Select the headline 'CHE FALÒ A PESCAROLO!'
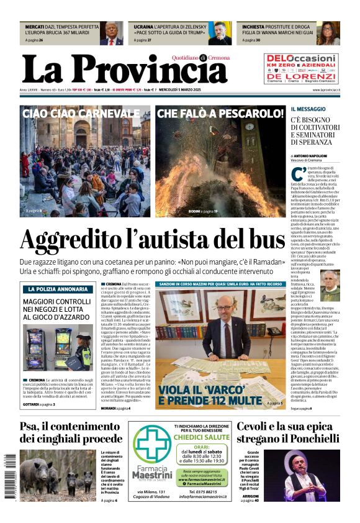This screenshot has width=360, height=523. (x=220, y=114)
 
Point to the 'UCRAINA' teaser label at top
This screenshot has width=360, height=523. (x=144, y=28)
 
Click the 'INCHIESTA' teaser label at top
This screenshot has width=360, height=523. (x=256, y=28)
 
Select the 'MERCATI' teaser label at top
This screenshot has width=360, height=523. (x=35, y=28)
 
